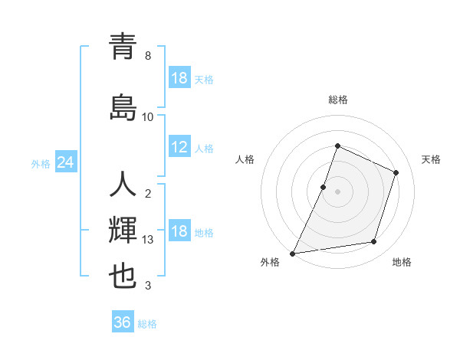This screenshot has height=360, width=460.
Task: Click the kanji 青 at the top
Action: [123, 47]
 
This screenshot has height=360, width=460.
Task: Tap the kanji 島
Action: [123, 106]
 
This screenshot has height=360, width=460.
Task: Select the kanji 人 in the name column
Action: [123, 185]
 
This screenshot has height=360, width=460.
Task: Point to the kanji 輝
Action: [123, 230]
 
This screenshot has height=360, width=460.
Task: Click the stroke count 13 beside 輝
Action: [149, 240]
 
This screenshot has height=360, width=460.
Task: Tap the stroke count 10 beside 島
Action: [148, 117]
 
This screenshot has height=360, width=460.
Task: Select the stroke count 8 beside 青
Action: [148, 56]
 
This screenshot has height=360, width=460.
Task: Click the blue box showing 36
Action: [123, 322]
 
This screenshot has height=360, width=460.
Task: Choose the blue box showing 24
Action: [66, 162]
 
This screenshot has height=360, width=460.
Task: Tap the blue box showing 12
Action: [179, 148]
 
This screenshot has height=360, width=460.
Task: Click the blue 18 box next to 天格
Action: [179, 78]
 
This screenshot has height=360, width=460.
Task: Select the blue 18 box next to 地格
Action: [179, 232]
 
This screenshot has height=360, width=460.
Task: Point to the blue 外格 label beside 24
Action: [41, 163]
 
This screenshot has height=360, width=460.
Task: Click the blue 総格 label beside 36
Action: [147, 324]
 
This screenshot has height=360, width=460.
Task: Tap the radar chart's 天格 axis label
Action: [431, 159]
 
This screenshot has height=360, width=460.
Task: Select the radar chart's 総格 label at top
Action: [337, 100]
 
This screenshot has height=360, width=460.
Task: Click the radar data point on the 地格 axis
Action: [374, 242]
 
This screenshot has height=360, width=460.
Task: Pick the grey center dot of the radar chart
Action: [337, 191]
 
